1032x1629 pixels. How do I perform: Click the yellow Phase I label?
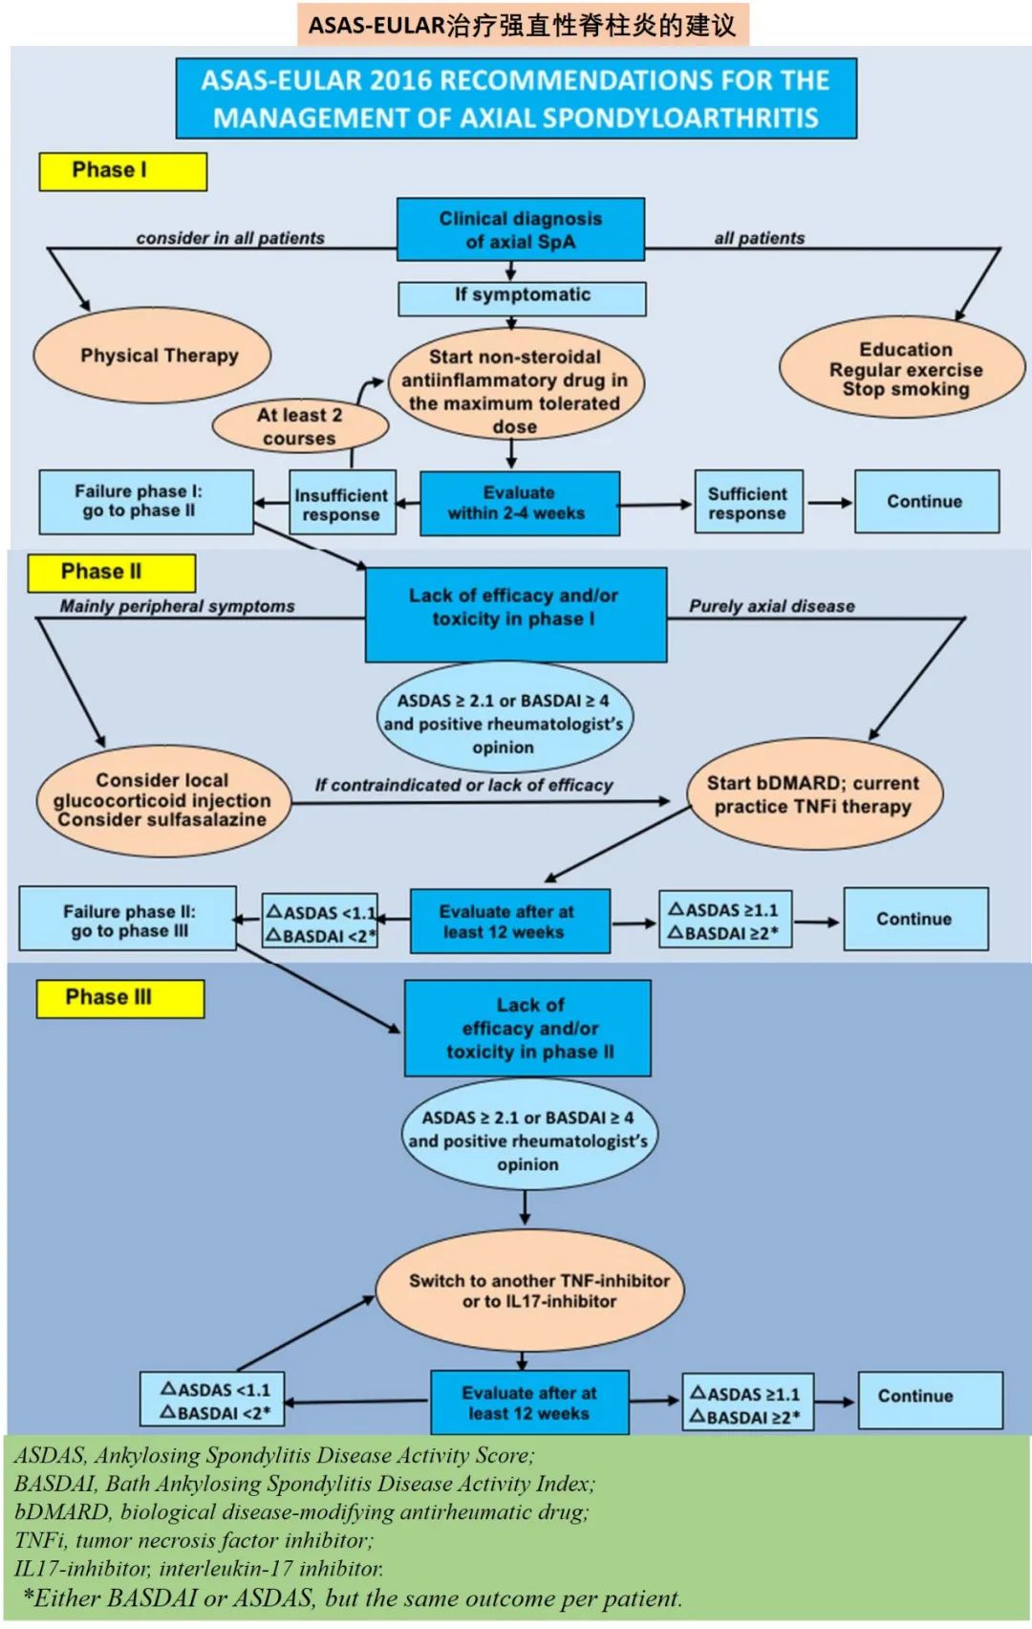(x=122, y=171)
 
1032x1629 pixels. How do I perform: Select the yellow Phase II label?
(x=111, y=572)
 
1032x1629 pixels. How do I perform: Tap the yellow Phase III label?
(x=119, y=998)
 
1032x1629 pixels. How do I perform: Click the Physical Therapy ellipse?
(x=153, y=356)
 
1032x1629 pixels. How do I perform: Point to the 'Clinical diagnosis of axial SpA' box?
(x=521, y=229)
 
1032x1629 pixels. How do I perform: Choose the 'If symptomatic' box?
(x=522, y=297)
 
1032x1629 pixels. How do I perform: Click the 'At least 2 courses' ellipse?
(x=299, y=426)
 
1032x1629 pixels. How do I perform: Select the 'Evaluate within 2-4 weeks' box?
(x=519, y=503)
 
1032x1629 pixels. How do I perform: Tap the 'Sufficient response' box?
(x=748, y=502)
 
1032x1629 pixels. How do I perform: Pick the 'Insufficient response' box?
(x=342, y=503)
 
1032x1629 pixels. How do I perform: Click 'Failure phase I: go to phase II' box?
(x=146, y=501)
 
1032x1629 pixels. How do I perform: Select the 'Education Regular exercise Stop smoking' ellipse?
(x=904, y=369)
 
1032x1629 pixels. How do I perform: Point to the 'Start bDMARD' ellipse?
(x=814, y=794)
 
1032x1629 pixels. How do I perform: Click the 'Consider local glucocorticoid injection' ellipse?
(x=162, y=800)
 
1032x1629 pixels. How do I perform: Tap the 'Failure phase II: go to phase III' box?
(x=127, y=920)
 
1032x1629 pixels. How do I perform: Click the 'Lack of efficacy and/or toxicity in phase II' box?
(x=528, y=1029)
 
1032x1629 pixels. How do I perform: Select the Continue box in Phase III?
(x=930, y=1400)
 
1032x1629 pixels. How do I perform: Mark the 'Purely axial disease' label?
(x=772, y=606)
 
